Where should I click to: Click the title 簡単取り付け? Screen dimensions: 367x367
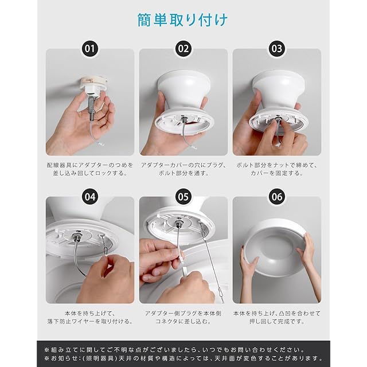click(182, 20)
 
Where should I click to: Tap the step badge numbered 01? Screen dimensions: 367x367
click(90, 49)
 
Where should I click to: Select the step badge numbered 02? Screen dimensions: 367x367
click(183, 49)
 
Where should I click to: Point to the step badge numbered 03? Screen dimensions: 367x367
click(276, 49)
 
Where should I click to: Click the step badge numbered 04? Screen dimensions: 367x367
click(90, 197)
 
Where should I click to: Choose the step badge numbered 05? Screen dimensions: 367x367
click(183, 197)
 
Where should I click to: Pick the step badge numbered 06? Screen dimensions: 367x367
click(276, 197)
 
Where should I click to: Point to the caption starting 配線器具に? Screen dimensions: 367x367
click(90, 169)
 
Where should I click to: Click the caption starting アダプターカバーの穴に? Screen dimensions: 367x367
click(183, 169)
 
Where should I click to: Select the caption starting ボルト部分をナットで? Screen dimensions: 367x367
click(276, 169)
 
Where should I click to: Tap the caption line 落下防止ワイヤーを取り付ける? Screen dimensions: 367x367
click(90, 321)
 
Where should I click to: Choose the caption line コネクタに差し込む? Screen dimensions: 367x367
click(183, 321)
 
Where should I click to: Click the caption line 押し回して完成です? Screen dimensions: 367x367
click(276, 321)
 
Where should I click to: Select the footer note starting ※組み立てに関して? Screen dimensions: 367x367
click(175, 350)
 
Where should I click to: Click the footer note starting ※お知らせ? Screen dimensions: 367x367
click(183, 358)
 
